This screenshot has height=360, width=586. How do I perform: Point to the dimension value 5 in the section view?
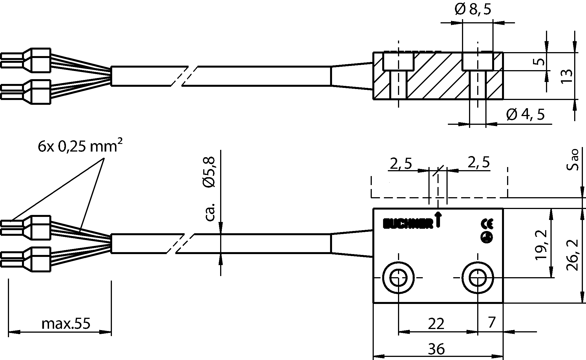pyautogui.click(x=540, y=61)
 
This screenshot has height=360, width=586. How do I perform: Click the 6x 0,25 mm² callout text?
pyautogui.click(x=80, y=147)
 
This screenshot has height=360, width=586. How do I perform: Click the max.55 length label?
pyautogui.click(x=66, y=324)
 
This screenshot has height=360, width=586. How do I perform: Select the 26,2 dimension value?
pyautogui.click(x=572, y=255)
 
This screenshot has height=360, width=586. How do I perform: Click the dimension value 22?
pyautogui.click(x=436, y=324)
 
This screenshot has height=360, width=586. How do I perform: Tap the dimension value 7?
pyautogui.click(x=491, y=323)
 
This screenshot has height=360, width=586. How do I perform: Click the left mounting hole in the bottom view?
pyautogui.click(x=398, y=278)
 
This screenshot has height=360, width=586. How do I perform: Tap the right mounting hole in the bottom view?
pyautogui.click(x=477, y=278)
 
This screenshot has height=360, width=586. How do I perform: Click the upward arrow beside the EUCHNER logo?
pyautogui.click(x=438, y=220)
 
